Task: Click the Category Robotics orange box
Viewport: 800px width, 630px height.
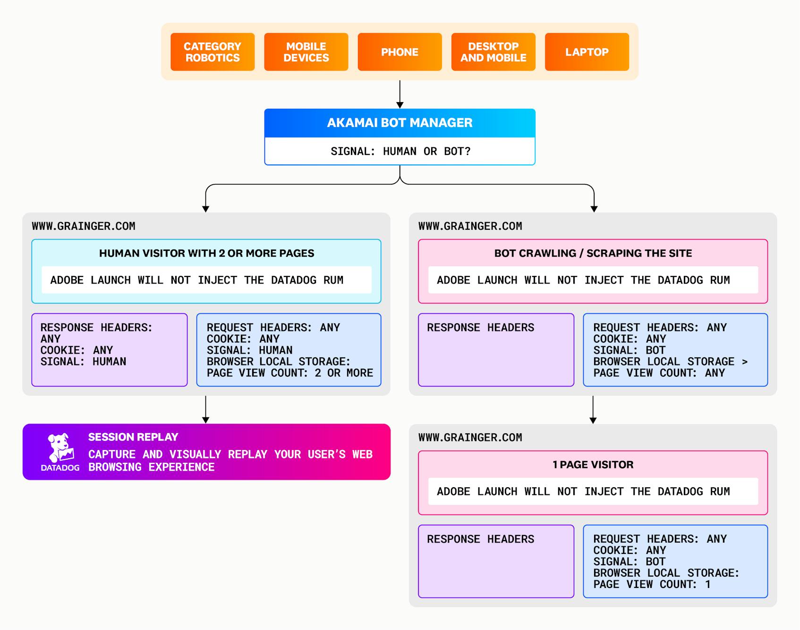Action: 213,52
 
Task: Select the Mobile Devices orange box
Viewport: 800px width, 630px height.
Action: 306,52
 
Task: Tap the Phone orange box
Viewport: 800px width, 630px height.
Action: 400,52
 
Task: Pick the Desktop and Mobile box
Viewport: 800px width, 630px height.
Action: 493,52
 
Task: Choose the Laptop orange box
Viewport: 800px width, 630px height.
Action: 587,52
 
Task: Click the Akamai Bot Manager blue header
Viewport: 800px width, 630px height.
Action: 400,123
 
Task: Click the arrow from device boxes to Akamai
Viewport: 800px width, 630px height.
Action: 400,95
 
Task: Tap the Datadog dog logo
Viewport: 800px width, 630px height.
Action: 60,448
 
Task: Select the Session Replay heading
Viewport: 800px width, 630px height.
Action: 133,437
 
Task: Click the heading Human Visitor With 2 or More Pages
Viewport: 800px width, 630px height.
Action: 206,253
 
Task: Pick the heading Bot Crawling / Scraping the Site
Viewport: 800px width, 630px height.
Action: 593,253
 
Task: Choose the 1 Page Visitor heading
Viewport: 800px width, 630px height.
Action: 593,465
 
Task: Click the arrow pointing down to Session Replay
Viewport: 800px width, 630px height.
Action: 205,410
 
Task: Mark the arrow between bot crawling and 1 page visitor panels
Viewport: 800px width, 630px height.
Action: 593,410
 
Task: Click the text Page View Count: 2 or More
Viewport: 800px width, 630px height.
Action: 289,373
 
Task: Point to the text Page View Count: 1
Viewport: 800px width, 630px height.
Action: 652,584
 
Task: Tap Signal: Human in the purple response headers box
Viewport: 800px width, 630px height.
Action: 83,362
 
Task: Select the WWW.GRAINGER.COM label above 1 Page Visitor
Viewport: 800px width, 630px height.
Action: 470,438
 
